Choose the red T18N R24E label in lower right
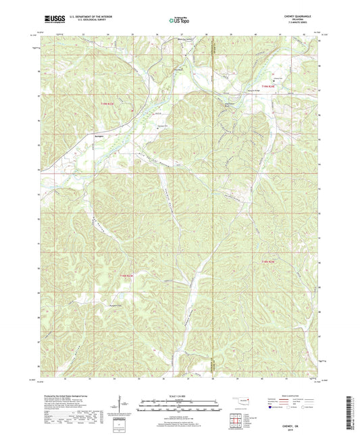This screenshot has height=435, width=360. (x=269, y=262)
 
